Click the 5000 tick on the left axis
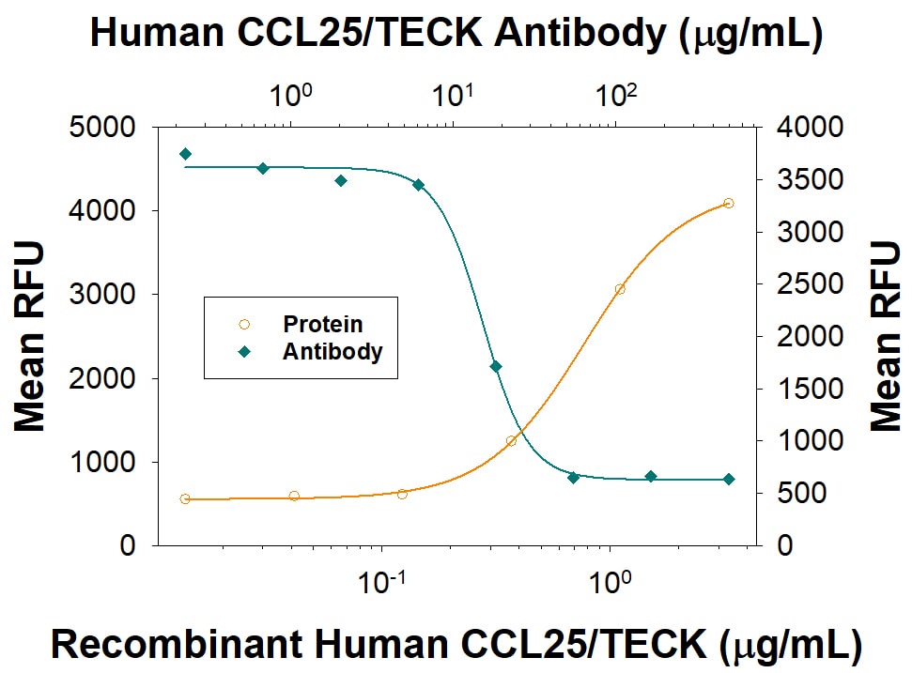tap(104, 127)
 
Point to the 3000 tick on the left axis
tap(104, 294)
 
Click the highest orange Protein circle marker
tap(728, 203)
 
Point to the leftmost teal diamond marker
tap(185, 154)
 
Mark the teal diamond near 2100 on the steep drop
tap(495, 366)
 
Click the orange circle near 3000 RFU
tap(620, 289)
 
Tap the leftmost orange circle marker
tap(185, 499)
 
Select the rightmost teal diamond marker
tap(729, 479)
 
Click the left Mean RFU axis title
tap(30, 336)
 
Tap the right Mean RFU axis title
tap(885, 336)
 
